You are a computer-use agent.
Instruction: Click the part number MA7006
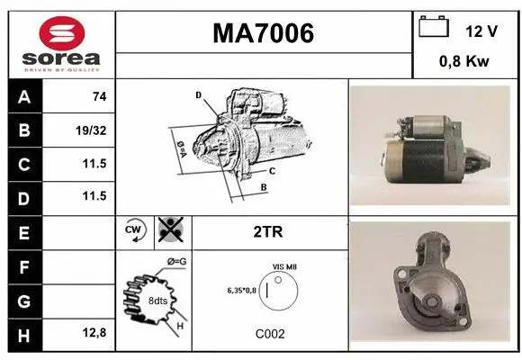(263, 33)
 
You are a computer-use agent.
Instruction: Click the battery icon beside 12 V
(434, 28)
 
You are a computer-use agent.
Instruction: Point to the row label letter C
(22, 164)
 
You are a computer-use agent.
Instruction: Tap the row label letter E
(22, 232)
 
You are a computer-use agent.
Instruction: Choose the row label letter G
(22, 300)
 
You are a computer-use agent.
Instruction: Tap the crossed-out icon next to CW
(168, 230)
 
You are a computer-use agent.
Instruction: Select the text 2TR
(269, 232)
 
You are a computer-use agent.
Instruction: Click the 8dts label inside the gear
(157, 301)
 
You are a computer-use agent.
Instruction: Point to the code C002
(269, 333)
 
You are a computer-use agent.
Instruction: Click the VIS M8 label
(284, 267)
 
